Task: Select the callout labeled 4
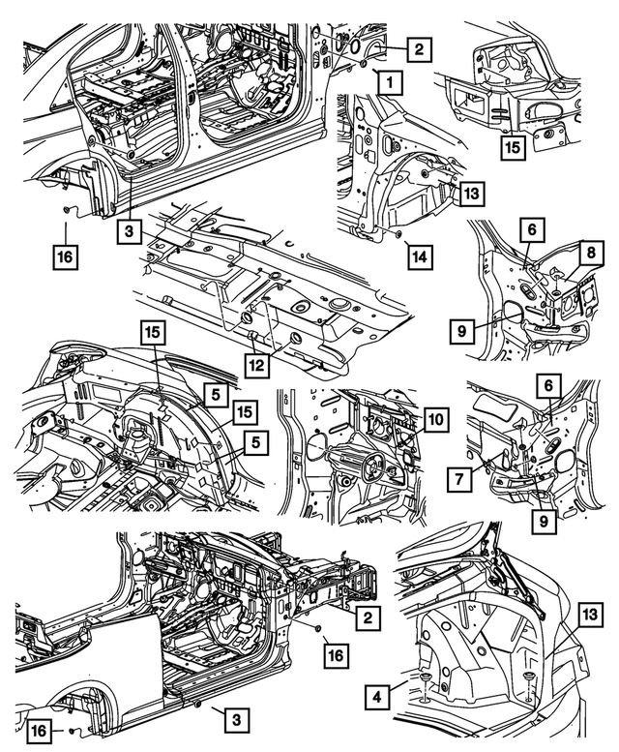click(380, 695)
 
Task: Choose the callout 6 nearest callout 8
click(532, 229)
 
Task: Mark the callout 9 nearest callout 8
click(463, 330)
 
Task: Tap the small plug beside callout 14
click(399, 235)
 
